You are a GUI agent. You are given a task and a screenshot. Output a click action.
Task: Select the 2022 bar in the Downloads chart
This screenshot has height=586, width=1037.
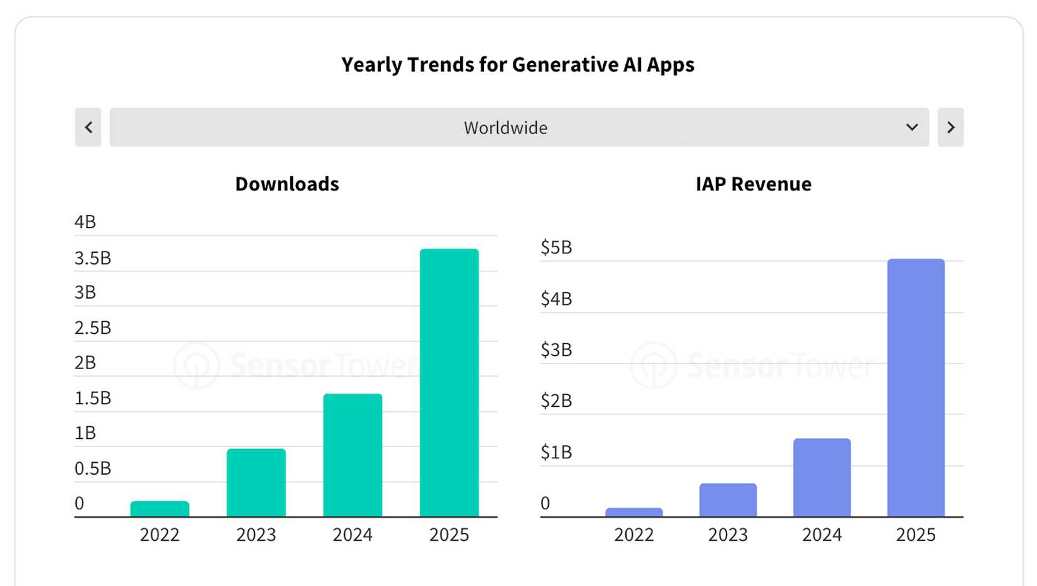click(x=160, y=509)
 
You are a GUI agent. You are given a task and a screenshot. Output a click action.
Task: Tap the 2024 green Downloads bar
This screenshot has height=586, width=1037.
click(x=353, y=455)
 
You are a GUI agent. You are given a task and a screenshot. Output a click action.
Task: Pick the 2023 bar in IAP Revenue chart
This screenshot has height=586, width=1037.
click(x=728, y=500)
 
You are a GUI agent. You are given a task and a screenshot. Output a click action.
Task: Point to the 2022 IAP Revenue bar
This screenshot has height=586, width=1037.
click(x=634, y=512)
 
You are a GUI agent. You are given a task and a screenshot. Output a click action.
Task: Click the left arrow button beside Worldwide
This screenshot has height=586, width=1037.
click(x=88, y=128)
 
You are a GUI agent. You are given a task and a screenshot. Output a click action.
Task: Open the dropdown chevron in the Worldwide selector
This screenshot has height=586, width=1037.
click(x=912, y=128)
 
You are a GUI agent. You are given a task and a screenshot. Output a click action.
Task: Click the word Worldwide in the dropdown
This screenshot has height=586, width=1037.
click(x=505, y=128)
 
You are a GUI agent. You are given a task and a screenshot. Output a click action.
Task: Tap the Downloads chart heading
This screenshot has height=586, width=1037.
click(x=287, y=184)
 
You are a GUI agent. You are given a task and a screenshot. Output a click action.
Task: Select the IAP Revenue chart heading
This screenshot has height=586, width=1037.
click(x=753, y=184)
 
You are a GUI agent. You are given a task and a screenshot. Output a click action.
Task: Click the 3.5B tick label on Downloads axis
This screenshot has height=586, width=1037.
click(x=92, y=258)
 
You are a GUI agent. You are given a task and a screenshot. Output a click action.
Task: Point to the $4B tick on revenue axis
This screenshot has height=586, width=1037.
click(x=556, y=299)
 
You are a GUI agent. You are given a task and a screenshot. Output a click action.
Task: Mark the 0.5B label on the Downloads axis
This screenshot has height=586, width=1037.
click(x=92, y=468)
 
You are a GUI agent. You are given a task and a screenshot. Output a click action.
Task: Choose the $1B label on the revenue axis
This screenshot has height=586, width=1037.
click(x=556, y=452)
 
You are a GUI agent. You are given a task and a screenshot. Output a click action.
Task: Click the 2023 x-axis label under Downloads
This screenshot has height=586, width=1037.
click(x=256, y=534)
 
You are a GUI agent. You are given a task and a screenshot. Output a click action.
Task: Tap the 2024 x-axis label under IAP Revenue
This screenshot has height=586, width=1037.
click(x=821, y=534)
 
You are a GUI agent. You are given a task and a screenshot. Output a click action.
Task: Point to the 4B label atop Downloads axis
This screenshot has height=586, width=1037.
click(x=85, y=222)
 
